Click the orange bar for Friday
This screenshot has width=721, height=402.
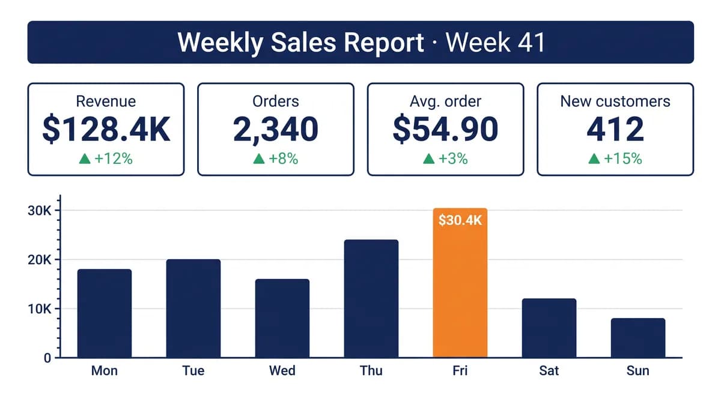tap(460, 283)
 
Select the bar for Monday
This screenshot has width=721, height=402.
tap(105, 313)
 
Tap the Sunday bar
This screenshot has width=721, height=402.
tap(638, 338)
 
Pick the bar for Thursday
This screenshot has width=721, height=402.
tap(371, 299)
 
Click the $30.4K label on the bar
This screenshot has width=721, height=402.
tap(460, 220)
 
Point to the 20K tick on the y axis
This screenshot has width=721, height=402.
tap(39, 260)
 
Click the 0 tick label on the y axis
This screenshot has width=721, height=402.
tap(47, 358)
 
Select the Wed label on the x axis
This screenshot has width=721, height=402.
tap(282, 371)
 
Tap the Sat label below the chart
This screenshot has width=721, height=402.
tap(549, 371)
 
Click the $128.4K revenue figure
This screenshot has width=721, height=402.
tap(106, 129)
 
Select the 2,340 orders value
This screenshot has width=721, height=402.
tap(276, 129)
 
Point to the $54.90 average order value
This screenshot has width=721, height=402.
tap(445, 129)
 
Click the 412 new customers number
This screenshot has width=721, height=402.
tap(615, 129)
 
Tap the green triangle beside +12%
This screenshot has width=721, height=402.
tap(85, 158)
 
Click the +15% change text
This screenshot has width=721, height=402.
tap(623, 158)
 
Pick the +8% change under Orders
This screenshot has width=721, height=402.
tap(283, 158)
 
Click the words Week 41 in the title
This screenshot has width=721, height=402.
tap(495, 42)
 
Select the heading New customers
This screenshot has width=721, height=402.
tap(615, 101)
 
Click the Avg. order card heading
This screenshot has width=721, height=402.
tap(445, 101)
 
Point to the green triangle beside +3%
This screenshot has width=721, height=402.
tap(428, 158)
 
